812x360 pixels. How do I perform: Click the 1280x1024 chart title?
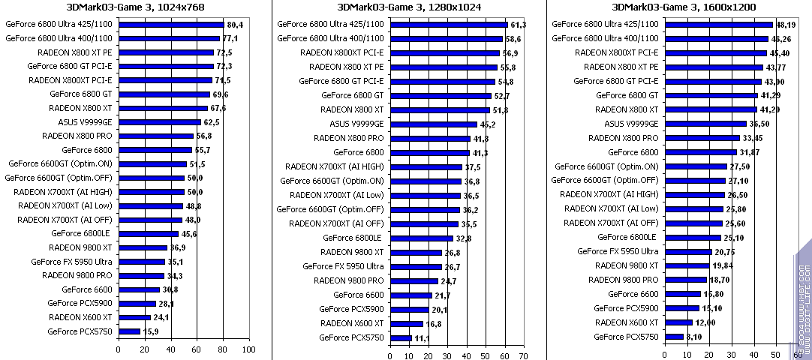point(410,7)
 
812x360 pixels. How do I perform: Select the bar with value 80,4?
point(170,24)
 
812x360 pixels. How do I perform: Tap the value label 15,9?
point(149,331)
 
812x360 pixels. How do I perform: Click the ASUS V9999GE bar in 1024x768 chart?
point(159,121)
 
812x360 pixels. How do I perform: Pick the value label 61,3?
point(518,24)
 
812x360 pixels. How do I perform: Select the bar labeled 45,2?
point(434,124)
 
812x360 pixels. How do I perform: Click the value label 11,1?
point(422,338)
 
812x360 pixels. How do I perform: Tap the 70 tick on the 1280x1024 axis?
point(524,355)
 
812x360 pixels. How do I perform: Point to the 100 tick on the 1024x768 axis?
point(248,349)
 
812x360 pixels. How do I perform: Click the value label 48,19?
point(786,24)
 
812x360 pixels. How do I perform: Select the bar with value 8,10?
point(674,336)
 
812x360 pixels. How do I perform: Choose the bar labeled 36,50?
point(705,124)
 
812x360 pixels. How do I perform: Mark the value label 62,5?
point(211,121)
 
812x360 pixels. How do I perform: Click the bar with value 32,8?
point(422,238)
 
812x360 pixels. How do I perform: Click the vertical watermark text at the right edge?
point(803,300)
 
